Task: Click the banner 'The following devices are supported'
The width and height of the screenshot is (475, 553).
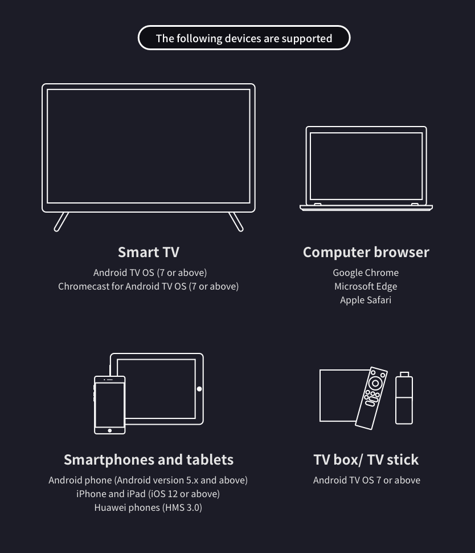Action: pyautogui.click(x=244, y=38)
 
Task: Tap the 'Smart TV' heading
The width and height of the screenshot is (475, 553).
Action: pyautogui.click(x=148, y=252)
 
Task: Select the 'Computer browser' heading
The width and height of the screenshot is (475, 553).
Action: pyautogui.click(x=366, y=252)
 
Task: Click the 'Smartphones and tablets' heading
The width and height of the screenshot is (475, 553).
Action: pyautogui.click(x=148, y=460)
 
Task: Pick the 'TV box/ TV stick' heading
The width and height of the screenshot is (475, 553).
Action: pyautogui.click(x=366, y=460)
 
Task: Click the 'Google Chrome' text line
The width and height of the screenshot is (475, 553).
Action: pyautogui.click(x=366, y=273)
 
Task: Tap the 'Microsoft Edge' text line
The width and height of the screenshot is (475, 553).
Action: pyautogui.click(x=366, y=286)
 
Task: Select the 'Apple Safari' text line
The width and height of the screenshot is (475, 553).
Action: pyautogui.click(x=366, y=300)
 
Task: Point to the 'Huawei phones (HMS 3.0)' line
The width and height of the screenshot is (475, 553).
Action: pyautogui.click(x=148, y=507)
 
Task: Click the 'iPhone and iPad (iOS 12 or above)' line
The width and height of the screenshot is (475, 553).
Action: pyautogui.click(x=148, y=494)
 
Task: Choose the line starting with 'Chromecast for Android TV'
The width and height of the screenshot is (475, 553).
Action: pyautogui.click(x=148, y=286)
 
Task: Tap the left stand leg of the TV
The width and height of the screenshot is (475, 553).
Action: pyautogui.click(x=61, y=222)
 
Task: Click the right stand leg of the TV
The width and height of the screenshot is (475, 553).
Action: pyautogui.click(x=236, y=222)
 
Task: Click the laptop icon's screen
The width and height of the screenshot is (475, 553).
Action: pyautogui.click(x=366, y=165)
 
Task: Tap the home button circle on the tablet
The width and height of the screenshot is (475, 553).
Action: pyautogui.click(x=199, y=389)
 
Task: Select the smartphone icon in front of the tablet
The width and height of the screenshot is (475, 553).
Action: pyautogui.click(x=109, y=405)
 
